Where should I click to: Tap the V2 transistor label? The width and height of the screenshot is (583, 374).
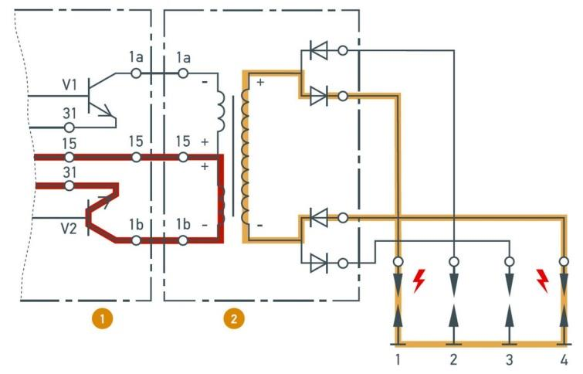point(70,229)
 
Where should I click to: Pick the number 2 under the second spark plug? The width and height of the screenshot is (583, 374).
point(453,359)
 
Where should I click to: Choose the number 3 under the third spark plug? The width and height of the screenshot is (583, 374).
point(508,359)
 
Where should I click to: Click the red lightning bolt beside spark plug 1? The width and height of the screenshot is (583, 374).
point(419,280)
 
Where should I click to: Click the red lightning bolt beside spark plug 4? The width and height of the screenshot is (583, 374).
point(542,280)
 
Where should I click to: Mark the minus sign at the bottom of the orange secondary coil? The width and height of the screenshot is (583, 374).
point(260,225)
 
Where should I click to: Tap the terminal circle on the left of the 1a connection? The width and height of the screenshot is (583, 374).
point(137,73)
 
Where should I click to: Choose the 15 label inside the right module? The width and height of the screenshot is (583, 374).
point(183,142)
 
